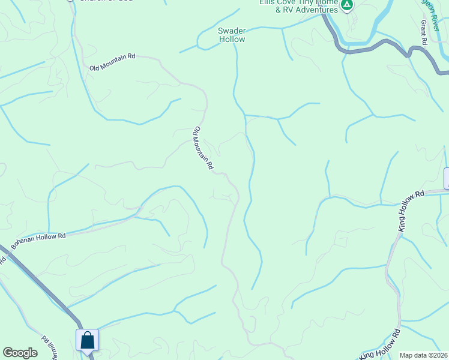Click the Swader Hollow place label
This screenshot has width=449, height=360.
coord(232,35)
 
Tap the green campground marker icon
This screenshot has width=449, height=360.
coord(346,5)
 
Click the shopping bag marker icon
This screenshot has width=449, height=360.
coord(87,340)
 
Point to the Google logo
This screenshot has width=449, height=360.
coord(20,353)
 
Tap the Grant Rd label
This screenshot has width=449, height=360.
coord(423,32)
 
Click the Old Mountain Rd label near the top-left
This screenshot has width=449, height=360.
coord(113,62)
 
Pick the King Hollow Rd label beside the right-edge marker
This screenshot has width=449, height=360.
coord(411,211)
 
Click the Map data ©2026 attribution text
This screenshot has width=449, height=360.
coord(423,355)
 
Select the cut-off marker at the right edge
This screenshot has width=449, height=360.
coord(446,178)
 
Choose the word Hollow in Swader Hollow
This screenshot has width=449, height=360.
coord(232,39)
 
